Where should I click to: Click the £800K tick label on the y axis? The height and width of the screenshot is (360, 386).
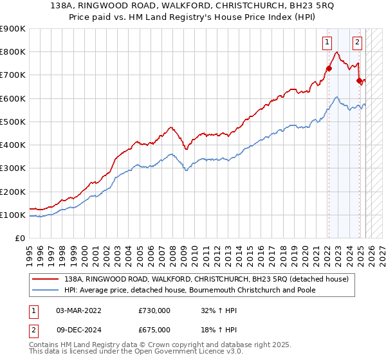[14, 52]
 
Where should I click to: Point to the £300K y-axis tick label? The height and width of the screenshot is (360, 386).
[14, 168]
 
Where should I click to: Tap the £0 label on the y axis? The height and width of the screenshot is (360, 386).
[20, 239]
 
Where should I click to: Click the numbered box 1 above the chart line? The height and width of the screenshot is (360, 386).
[327, 43]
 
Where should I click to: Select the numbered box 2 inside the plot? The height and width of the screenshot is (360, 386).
[357, 43]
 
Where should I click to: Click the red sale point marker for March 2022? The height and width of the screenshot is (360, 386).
[328, 69]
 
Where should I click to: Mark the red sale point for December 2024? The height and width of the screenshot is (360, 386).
[360, 81]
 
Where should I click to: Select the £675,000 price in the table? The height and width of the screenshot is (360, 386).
[154, 329]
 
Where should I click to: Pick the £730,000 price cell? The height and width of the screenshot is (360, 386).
[154, 310]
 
